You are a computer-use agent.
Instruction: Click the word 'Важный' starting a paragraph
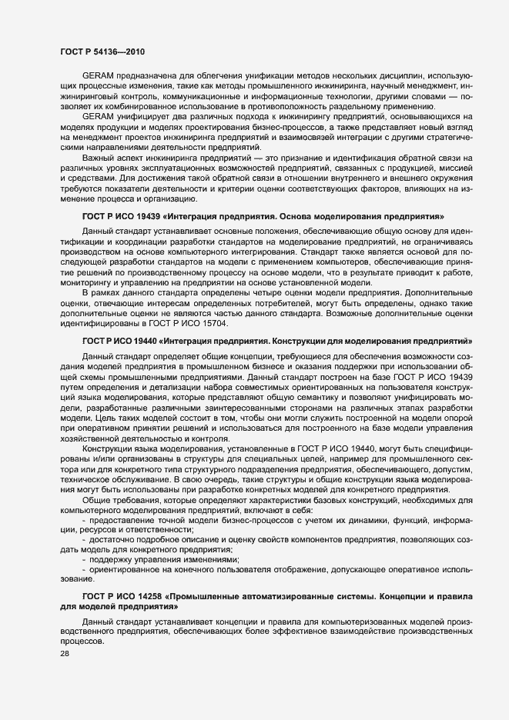tap(98, 157)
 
